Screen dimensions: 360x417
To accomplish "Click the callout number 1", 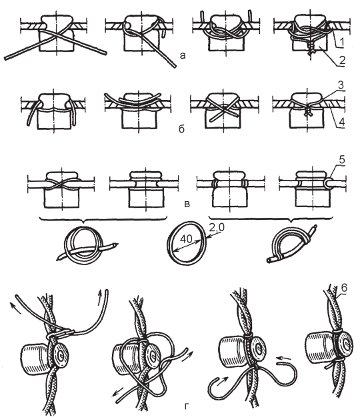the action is coord(341,42).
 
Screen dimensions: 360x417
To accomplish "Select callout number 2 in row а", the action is coord(342,60).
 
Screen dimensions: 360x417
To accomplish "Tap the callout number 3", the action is coord(341,85).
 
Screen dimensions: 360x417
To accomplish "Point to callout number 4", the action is coord(341,122).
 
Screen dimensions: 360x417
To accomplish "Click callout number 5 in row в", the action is coord(342,160).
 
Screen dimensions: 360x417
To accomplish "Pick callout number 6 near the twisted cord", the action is coord(343,288).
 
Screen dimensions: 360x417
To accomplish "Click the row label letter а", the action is coord(183,55).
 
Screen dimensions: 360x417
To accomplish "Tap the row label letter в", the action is coord(187,205).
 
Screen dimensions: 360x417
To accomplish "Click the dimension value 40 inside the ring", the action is coord(186,239).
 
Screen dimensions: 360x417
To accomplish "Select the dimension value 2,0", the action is coord(217,227).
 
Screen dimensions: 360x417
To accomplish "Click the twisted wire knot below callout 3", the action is coord(307,112).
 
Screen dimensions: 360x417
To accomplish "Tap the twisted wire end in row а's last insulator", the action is coord(310,49).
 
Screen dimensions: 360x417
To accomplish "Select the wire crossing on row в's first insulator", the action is coord(62,183).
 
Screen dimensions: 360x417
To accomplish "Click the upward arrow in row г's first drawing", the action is coord(100,294).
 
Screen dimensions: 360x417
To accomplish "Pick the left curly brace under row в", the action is coord(103,219).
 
